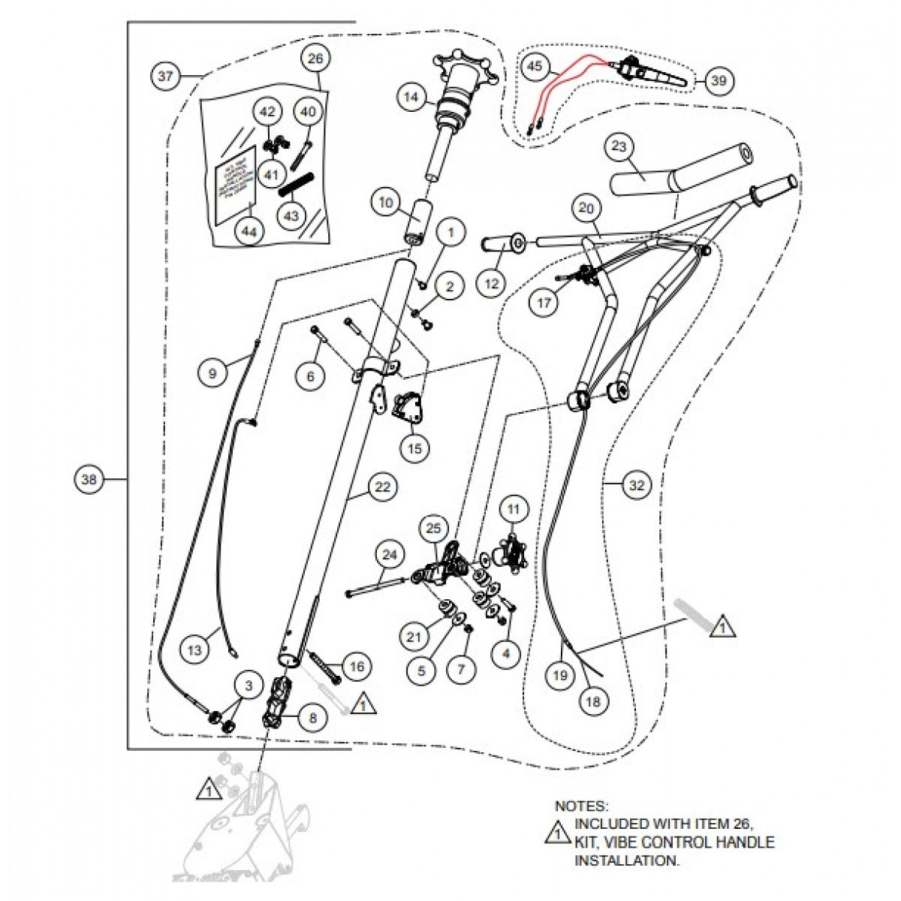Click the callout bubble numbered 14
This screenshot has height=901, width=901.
(x=411, y=98)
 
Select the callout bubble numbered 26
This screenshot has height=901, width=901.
(x=315, y=58)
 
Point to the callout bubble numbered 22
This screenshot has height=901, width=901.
(x=382, y=487)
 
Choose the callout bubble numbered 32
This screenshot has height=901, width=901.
(x=636, y=486)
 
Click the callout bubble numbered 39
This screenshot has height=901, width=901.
(x=719, y=80)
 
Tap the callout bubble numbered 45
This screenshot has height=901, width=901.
(x=534, y=67)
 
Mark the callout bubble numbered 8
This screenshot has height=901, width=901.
(x=312, y=718)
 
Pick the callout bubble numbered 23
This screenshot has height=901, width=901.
(x=618, y=148)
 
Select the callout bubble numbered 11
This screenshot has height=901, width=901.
(x=513, y=510)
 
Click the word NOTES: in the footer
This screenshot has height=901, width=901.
(x=580, y=806)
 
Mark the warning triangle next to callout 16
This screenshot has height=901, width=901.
(x=363, y=704)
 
